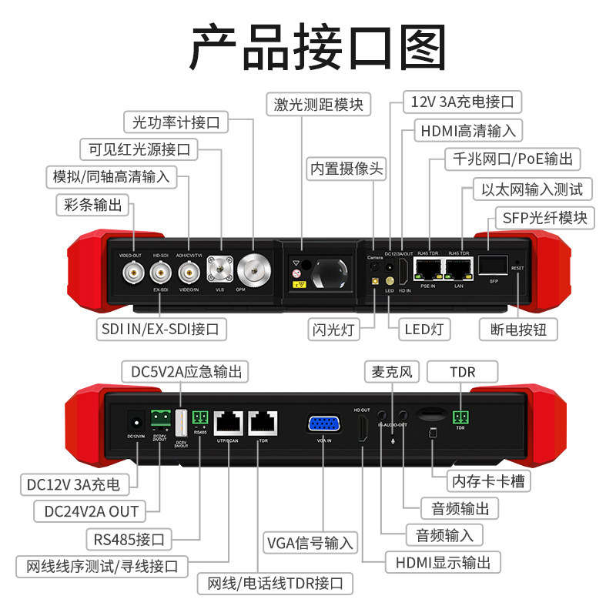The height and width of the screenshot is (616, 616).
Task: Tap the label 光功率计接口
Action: [176, 122]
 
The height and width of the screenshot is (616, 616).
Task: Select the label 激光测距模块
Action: [318, 103]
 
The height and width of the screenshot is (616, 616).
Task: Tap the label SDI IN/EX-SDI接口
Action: [161, 330]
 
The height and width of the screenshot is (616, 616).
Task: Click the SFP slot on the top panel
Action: [494, 266]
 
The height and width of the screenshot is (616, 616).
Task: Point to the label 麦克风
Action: [389, 373]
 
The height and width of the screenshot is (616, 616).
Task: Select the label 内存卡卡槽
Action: [490, 482]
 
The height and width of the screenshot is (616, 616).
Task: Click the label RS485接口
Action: [129, 537]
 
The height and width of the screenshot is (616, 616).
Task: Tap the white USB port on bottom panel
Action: [182, 423]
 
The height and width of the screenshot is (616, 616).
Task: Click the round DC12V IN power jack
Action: [136, 422]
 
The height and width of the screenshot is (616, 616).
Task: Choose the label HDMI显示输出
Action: [444, 562]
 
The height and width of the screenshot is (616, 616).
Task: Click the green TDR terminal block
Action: [462, 417]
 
